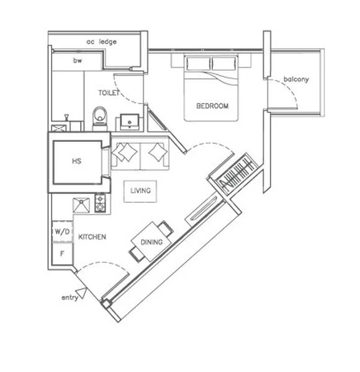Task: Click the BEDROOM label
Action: pyautogui.click(x=212, y=106)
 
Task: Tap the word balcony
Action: pyautogui.click(x=296, y=79)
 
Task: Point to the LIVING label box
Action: pyautogui.click(x=140, y=190)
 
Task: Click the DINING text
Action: pyautogui.click(x=151, y=242)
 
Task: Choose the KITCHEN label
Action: pyautogui.click(x=92, y=237)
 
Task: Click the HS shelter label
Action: pyautogui.click(x=76, y=161)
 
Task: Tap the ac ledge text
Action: pyautogui.click(x=102, y=42)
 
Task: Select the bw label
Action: pyautogui.click(x=78, y=61)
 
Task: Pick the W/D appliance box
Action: pyautogui.click(x=61, y=231)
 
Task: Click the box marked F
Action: pyautogui.click(x=61, y=253)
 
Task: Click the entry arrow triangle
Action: pyautogui.click(x=80, y=291)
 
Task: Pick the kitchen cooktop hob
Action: pyautogui.click(x=101, y=204)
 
